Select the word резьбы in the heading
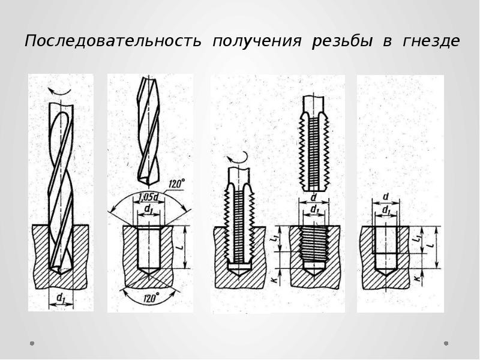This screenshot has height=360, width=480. pos(339,41)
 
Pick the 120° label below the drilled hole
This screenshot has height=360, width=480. pos(151,297)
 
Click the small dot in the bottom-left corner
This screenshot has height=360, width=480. pos(31,343)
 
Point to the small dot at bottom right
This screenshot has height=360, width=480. pos(446,343)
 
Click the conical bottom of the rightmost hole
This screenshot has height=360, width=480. pos(385,265)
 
